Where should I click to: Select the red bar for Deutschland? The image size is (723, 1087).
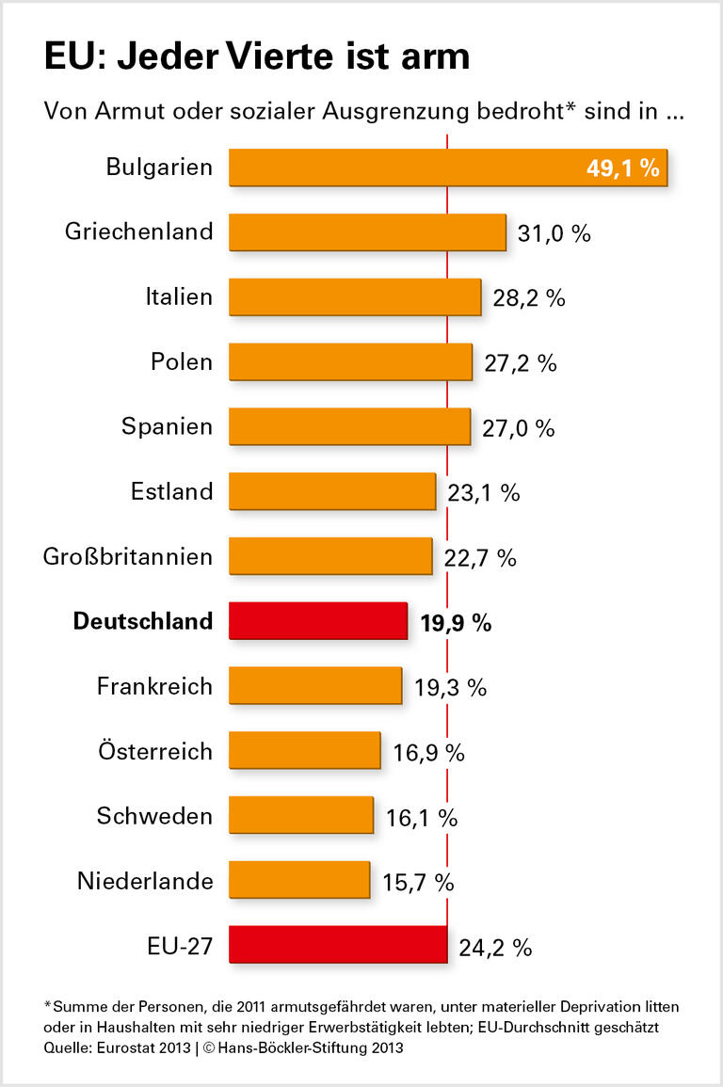318,621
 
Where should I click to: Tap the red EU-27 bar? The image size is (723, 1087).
338,945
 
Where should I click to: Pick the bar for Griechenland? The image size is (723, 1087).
367,232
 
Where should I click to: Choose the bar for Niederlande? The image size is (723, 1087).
299,881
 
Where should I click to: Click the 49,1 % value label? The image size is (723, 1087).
621,168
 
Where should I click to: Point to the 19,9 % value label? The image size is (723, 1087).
456,622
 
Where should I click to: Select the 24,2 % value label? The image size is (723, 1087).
496,947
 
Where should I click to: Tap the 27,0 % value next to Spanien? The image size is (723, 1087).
519,428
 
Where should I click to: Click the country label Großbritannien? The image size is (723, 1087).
128,556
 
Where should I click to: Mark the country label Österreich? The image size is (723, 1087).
155,751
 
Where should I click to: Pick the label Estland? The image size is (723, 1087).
172,490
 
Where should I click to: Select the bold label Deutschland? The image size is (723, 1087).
143,621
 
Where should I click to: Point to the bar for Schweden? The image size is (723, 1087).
301,816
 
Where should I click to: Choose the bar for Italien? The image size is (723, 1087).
355,296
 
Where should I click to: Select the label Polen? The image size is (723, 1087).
182,361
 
